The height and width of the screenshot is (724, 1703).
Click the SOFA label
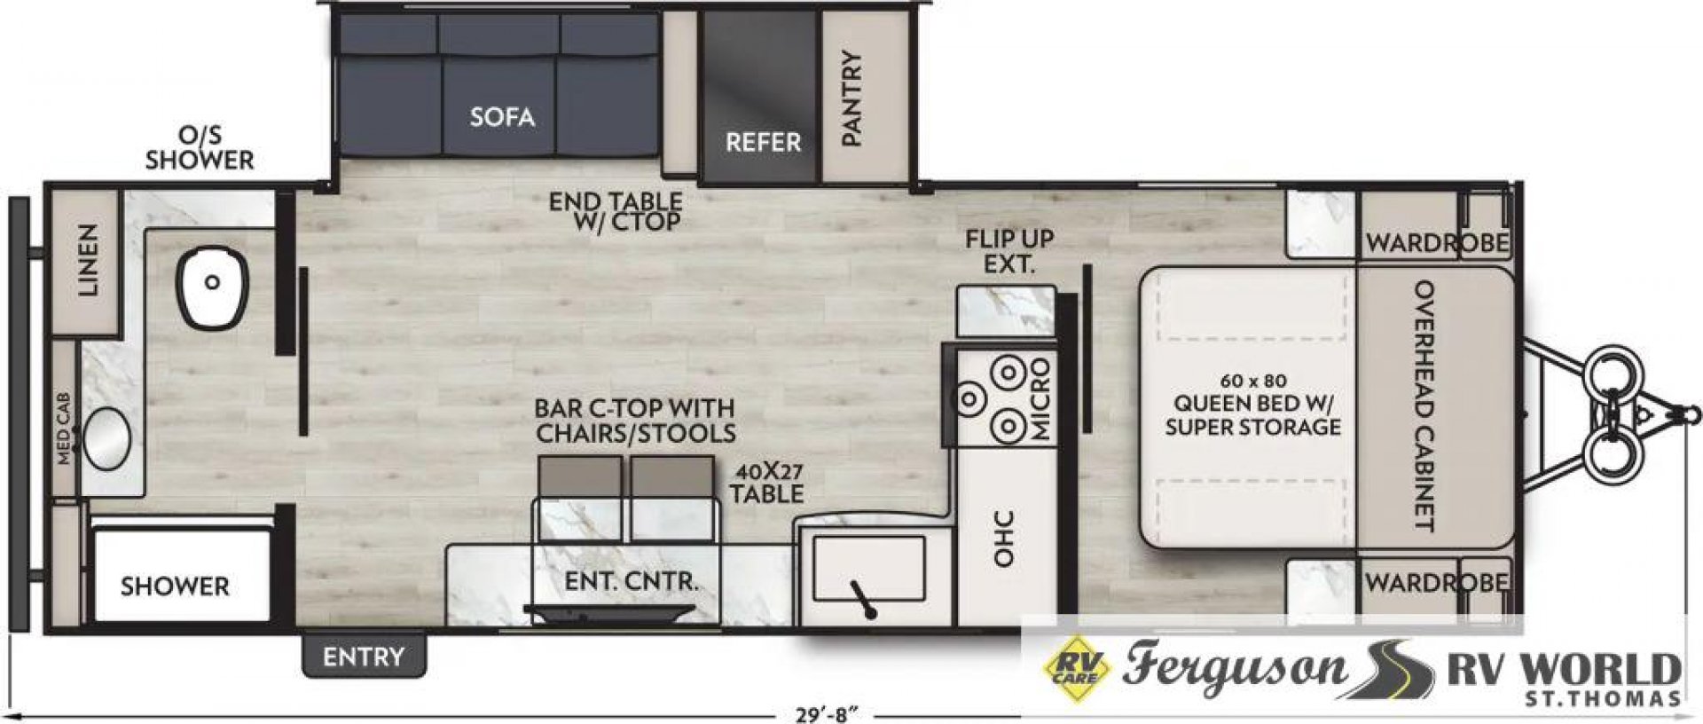click(x=502, y=117)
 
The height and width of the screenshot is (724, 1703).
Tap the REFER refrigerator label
click(x=763, y=142)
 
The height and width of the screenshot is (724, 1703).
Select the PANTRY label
click(x=851, y=98)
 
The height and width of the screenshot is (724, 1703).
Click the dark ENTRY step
click(x=364, y=657)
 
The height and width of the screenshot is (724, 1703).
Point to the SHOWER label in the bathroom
click(x=175, y=586)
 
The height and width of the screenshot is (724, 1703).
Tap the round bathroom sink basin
click(x=106, y=437)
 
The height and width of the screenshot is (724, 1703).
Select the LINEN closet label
click(x=87, y=260)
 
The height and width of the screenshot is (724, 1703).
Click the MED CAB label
click(x=65, y=428)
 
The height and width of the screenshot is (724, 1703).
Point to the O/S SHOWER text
click(x=200, y=147)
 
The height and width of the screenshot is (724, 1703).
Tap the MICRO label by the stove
click(x=1040, y=399)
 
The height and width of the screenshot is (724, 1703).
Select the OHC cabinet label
click(x=1003, y=538)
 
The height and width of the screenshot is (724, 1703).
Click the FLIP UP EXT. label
click(x=1009, y=251)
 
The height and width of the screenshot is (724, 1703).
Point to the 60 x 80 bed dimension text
click(x=1252, y=381)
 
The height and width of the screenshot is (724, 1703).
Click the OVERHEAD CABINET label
click(x=1423, y=405)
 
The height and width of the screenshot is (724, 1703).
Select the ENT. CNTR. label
click(x=632, y=582)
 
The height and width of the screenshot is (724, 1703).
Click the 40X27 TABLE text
click(x=767, y=484)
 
